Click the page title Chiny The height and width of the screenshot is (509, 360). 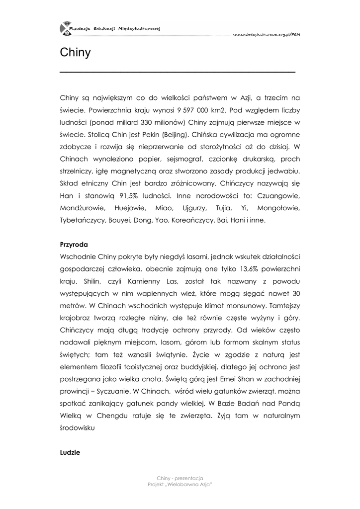(75, 53)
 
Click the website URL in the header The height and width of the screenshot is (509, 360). (266, 34)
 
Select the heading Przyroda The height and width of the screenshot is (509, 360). (74, 245)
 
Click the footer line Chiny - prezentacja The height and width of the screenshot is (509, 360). (180, 478)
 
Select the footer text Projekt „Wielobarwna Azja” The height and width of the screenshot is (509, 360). (180, 484)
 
